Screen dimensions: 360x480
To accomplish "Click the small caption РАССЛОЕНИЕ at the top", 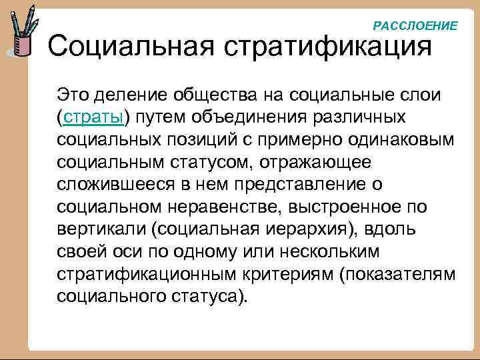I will coord(415,26).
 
